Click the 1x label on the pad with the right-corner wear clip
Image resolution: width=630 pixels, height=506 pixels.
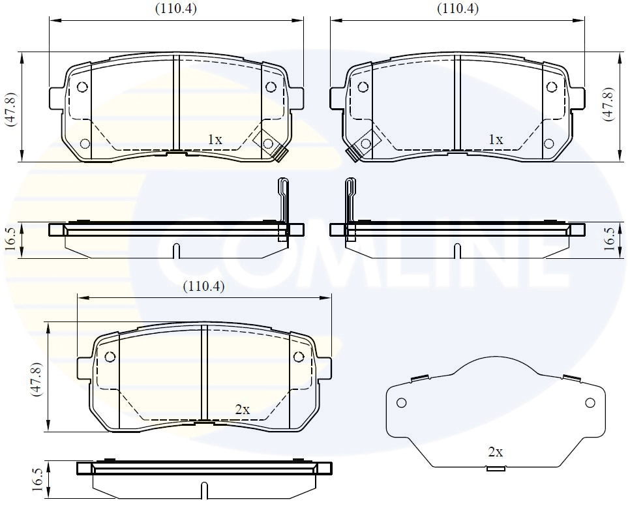coord(215,140)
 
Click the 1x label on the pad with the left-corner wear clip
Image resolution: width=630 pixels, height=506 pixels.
coord(496,140)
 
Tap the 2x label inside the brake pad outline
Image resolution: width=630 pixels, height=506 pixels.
coord(243,409)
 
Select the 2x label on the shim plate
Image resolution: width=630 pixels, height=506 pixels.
coord(496,452)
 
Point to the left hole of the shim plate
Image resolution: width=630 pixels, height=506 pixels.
coord(402,402)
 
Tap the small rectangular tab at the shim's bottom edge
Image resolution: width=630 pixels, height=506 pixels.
coord(496,469)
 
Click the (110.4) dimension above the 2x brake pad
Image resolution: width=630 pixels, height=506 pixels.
coord(203,286)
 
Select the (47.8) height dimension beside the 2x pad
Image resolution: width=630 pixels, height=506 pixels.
coord(38,378)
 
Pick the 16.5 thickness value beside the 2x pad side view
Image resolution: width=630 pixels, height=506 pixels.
coord(38,480)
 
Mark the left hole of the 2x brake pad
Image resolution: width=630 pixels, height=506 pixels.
coord(110,357)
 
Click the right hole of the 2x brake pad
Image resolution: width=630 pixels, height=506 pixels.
coord(299,357)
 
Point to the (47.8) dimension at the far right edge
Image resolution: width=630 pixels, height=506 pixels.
coord(608,104)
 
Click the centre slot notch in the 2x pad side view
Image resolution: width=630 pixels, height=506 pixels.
coord(204,488)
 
